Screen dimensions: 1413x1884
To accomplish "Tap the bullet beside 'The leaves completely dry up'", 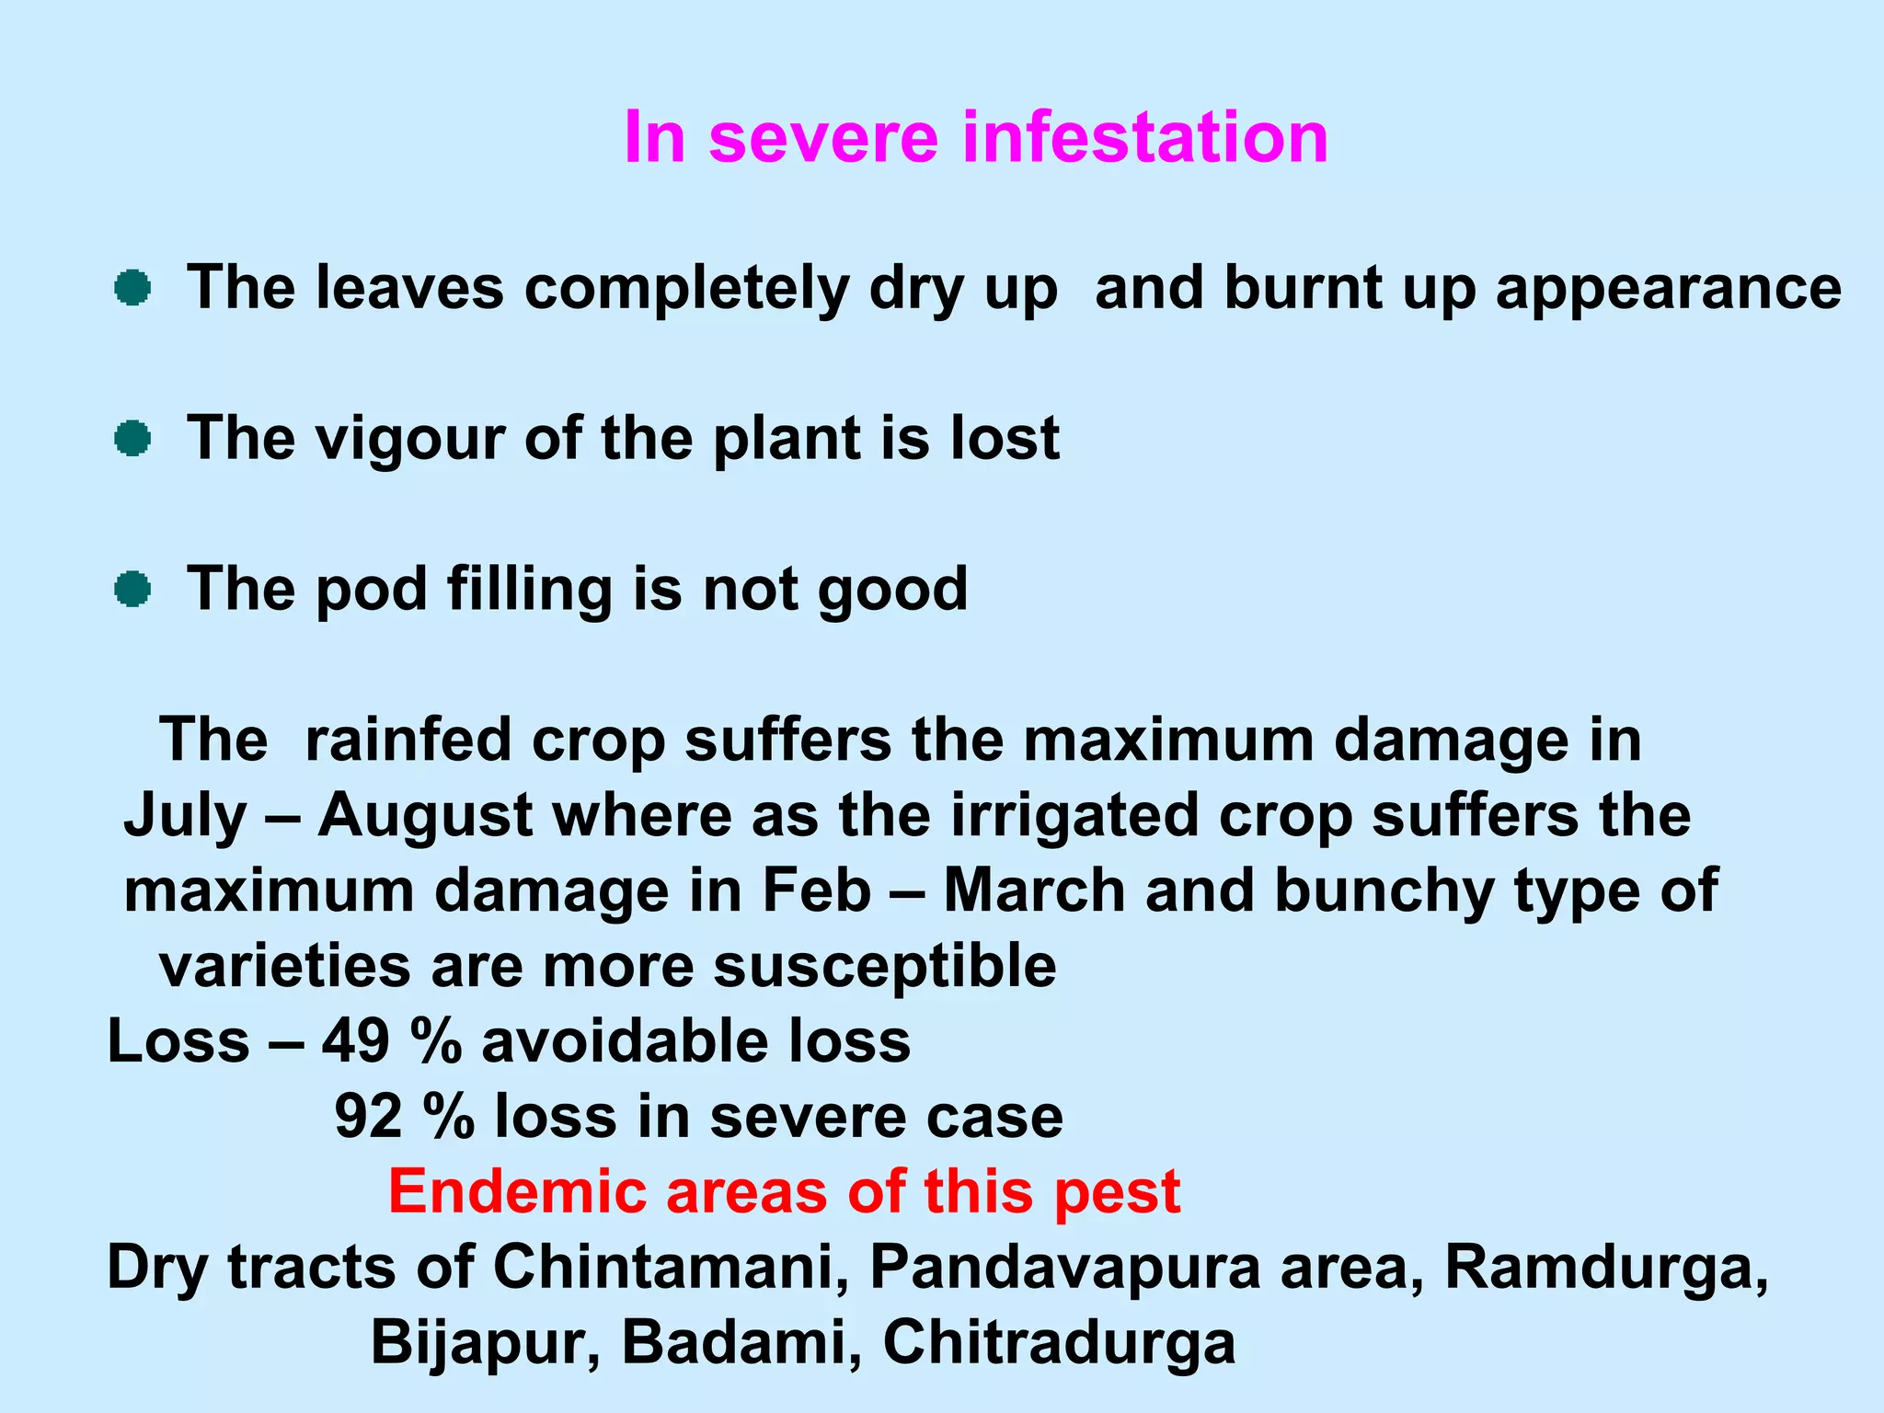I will (132, 288).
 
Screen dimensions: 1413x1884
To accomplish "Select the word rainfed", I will (408, 740).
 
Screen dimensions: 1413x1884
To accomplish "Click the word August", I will (425, 816).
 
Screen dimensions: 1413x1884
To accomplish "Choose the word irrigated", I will (1074, 816).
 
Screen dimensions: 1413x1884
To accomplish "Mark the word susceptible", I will (884, 968).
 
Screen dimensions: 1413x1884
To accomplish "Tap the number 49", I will (356, 1042).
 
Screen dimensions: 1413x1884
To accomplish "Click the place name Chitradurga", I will (1059, 1343).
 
